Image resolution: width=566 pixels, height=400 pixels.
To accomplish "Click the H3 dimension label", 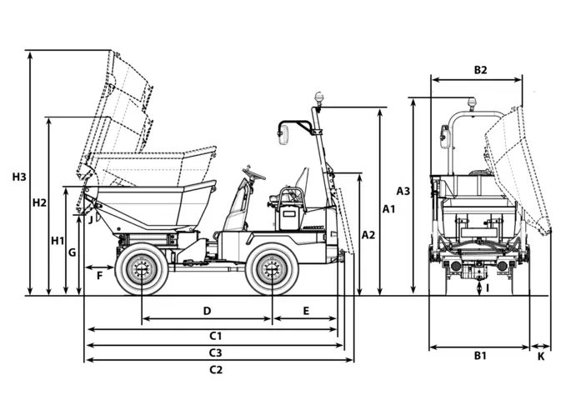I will (19, 177).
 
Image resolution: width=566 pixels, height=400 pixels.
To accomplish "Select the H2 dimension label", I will (38, 202).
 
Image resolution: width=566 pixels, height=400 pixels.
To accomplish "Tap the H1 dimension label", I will (58, 241).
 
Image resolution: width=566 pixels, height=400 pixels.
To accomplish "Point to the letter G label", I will (73, 251).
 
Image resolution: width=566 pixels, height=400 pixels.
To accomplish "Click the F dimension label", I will (99, 274).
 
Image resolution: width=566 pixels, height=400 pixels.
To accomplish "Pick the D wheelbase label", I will (207, 311).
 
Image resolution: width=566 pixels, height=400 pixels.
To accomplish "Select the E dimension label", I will (306, 311).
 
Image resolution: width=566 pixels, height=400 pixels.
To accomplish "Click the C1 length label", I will (215, 336).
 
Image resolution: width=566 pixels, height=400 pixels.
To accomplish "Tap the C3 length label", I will (215, 352).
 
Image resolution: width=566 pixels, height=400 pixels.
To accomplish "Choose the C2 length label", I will (215, 369).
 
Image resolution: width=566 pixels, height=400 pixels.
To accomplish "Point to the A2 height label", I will (368, 235).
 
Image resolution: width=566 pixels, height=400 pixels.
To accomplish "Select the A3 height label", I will (403, 191).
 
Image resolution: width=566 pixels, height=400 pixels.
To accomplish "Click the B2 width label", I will (480, 70).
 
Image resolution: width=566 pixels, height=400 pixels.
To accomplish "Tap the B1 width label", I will (480, 356).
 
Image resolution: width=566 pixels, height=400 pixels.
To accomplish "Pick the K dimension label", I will (540, 356).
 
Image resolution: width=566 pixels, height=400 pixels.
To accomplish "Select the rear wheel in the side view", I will (271, 269).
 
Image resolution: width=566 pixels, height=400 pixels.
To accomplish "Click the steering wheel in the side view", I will (253, 174).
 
